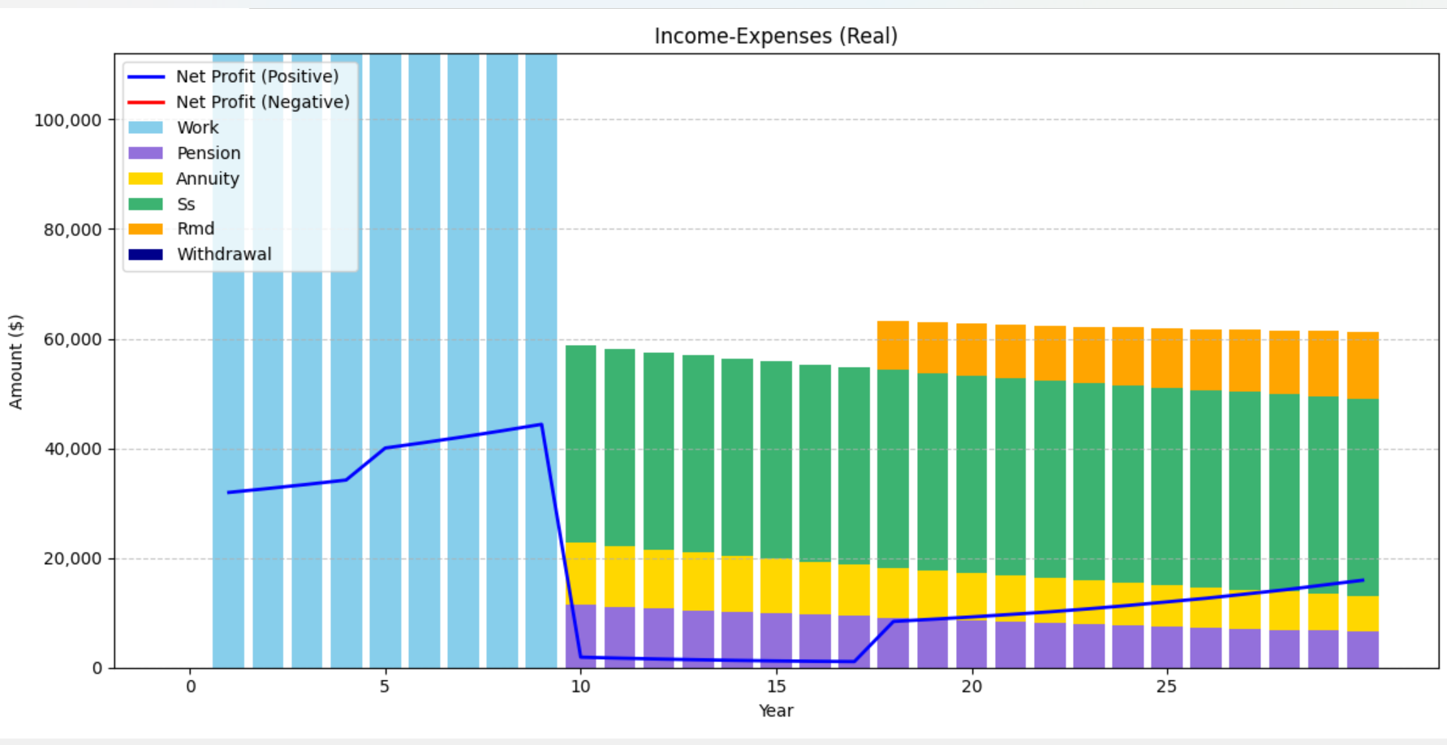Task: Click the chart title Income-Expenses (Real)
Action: (x=775, y=37)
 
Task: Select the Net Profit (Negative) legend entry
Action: (x=262, y=102)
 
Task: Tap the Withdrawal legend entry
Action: (x=224, y=254)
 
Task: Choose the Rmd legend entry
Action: (x=196, y=229)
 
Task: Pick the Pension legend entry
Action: (x=209, y=153)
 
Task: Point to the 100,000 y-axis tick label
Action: (x=68, y=120)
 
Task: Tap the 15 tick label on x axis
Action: (x=776, y=687)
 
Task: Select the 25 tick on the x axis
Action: (x=1166, y=687)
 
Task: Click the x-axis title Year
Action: (x=775, y=711)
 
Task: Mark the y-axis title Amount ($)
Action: (x=15, y=361)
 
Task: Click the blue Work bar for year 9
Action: (x=541, y=243)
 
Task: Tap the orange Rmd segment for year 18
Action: (x=893, y=345)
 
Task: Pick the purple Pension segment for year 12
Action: (x=659, y=638)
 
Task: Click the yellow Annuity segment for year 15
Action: (x=776, y=585)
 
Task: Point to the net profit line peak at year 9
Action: (x=541, y=424)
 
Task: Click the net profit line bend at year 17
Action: (x=854, y=661)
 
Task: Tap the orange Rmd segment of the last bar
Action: (x=1363, y=365)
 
